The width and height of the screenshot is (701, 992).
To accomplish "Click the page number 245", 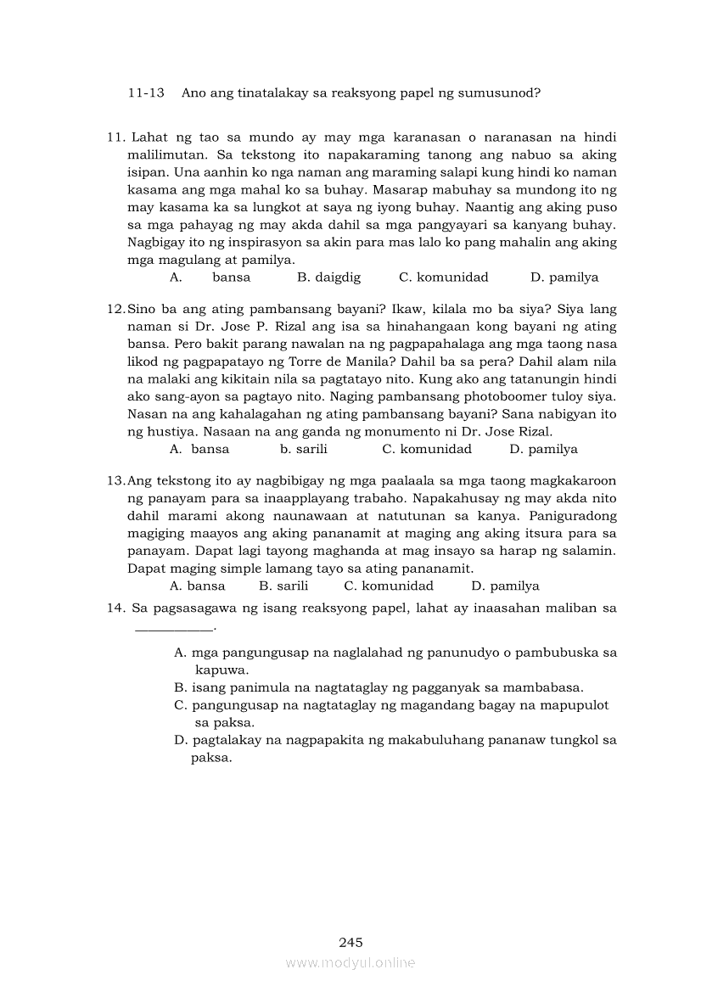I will coord(350,942).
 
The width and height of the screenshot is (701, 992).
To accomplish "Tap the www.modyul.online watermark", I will coord(350,962).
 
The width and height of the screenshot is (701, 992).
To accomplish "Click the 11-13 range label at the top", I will coord(146,92).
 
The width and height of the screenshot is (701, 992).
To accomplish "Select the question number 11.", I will coord(115,137).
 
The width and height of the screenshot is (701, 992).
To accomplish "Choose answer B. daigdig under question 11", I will coord(329,277).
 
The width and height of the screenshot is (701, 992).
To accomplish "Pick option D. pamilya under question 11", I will coord(564,277).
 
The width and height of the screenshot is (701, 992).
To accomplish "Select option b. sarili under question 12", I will coord(304,449).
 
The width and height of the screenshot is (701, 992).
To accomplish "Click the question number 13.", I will coord(115,481).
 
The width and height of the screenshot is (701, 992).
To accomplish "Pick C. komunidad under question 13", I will coord(389,586).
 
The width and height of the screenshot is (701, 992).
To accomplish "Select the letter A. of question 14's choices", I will coord(180,653).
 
